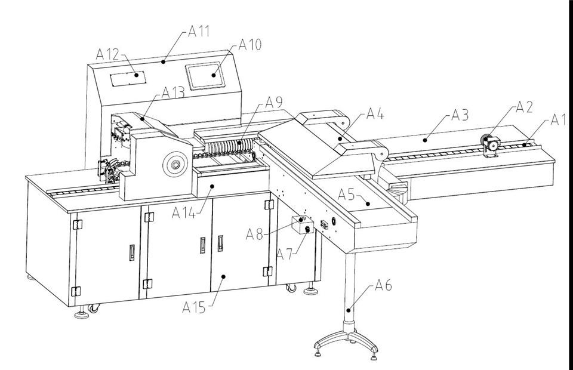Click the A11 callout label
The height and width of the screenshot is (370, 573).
pos(199,32)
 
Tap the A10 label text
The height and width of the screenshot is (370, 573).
pos(250,45)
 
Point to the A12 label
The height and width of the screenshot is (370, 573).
pos(107,54)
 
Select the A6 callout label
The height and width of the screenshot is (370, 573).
pos(383,285)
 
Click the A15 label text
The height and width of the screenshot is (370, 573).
pos(193,307)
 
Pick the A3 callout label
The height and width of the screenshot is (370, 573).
pos(460,115)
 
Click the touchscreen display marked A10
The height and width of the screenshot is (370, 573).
pos(205,76)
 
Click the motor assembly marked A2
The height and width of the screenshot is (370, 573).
pos(491,146)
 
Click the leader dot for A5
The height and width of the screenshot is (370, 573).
pos(369,204)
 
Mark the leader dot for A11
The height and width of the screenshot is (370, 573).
pos(164,61)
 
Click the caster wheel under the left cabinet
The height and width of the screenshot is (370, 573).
pos(93,309)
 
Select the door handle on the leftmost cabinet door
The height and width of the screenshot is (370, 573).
pos(131,252)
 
